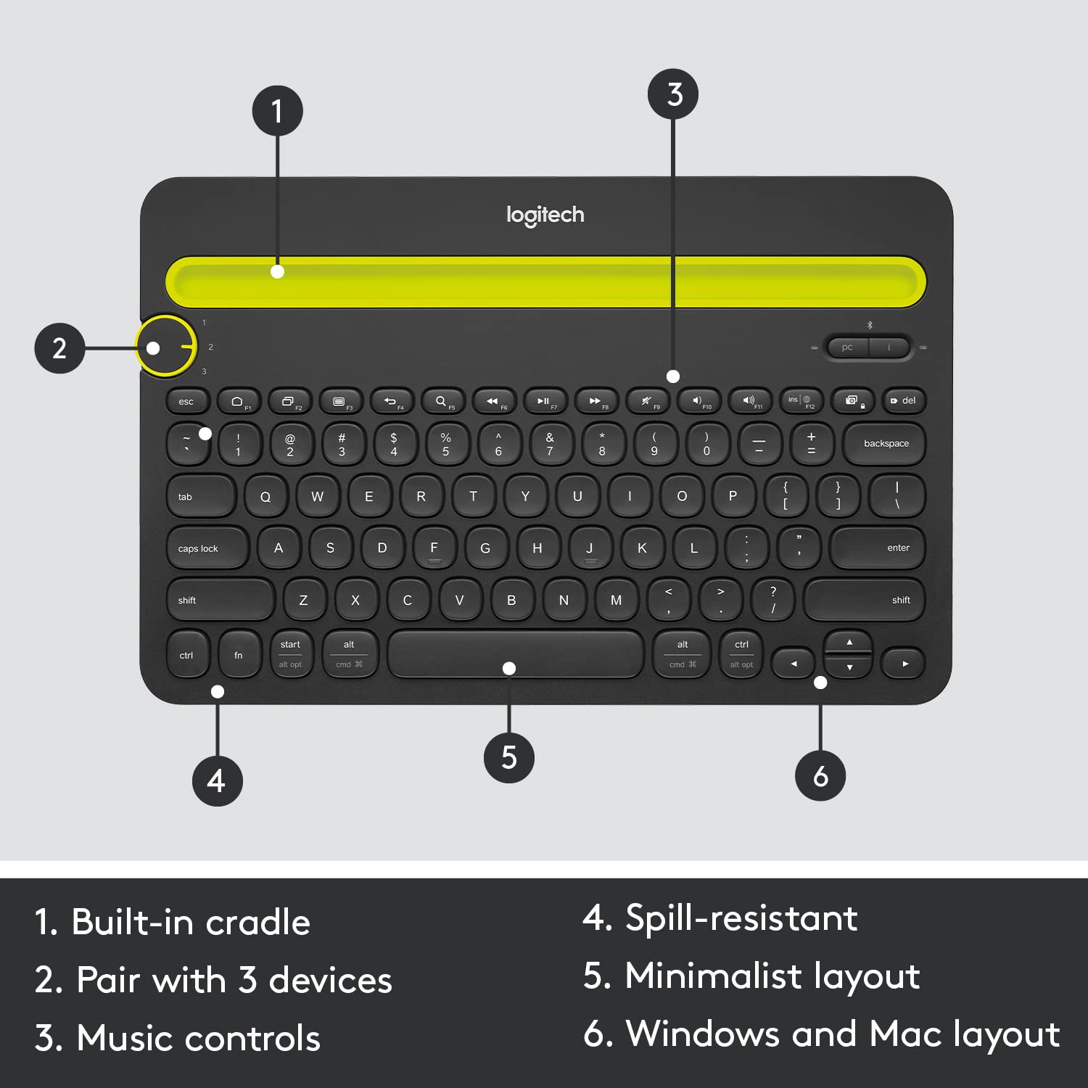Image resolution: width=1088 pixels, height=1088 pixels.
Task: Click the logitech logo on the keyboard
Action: coord(545,215)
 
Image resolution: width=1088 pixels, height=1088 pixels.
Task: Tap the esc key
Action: coord(187,401)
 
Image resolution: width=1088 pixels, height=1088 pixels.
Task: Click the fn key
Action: coord(239,655)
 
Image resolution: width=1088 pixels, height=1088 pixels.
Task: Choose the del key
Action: coord(904,401)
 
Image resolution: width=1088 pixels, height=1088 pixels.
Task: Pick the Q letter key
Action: coord(265,497)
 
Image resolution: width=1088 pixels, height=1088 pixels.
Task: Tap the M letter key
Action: coord(616,600)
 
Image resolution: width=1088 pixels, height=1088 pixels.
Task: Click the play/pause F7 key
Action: coord(545,401)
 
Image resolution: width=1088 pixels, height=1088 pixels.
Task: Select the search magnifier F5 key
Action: coord(443,401)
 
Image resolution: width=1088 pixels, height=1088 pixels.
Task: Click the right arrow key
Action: coord(904,664)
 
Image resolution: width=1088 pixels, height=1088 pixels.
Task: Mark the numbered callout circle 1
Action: coord(277,111)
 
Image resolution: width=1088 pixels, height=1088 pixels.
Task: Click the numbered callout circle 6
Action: coord(820,776)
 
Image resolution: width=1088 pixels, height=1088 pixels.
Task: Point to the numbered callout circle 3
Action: coord(674,94)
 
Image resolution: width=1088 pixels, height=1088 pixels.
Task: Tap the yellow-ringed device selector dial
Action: coord(166,347)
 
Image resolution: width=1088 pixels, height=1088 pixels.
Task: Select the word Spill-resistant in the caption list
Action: coord(741,918)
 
